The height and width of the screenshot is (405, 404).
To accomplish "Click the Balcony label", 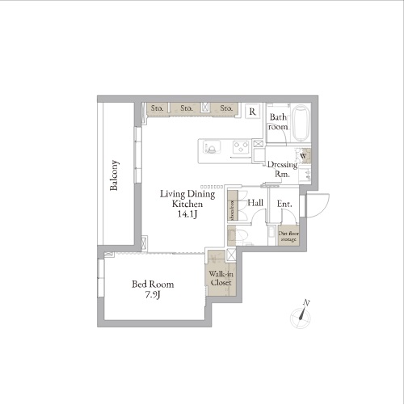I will pos(115,175).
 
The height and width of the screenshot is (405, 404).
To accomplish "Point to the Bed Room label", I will pos(152,284).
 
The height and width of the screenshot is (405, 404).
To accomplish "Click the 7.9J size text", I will pos(153,295).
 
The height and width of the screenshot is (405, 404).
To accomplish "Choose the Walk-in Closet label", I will pos(221,279).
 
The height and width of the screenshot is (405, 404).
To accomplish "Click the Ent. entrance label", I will pos(284,204).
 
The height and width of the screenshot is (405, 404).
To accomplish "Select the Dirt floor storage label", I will pos(288,235).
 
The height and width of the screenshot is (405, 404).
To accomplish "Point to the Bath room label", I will pos(278,121).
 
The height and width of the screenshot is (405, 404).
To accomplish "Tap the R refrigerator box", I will pos(252,112).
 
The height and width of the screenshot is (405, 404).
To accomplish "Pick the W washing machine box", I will pos(303,156).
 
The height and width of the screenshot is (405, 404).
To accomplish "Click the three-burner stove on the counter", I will pos(240,147).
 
